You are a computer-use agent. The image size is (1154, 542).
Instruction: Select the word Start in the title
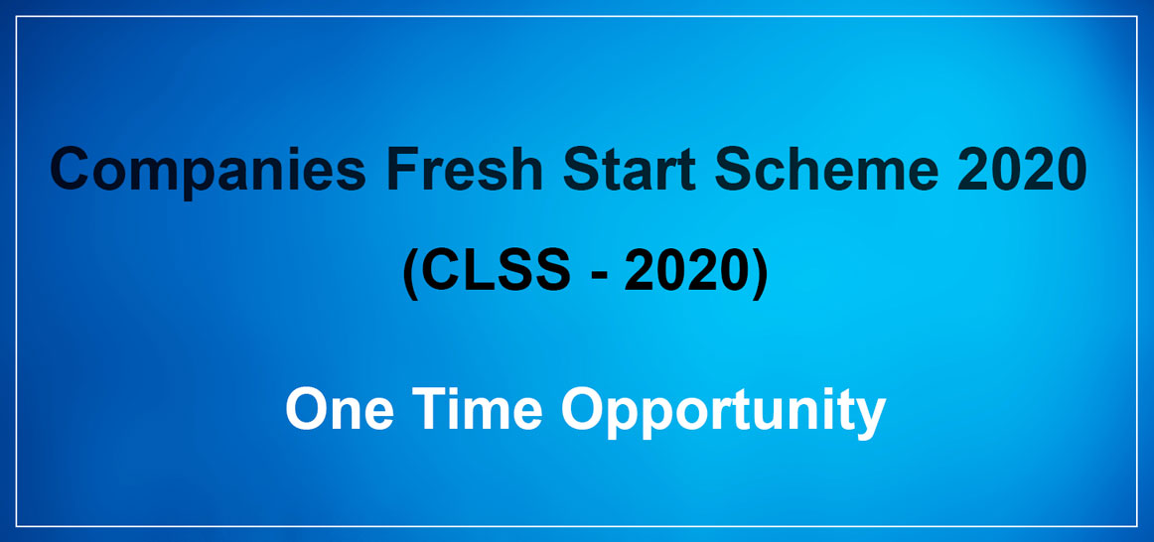point(630,169)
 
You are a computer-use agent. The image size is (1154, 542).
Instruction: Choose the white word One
point(340,410)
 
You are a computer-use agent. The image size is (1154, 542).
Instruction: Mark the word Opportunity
point(723,413)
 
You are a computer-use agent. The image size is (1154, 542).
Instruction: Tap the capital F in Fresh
point(403,169)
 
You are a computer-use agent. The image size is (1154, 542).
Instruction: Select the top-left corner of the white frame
point(17,16)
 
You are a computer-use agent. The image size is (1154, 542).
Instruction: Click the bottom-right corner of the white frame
point(1137,526)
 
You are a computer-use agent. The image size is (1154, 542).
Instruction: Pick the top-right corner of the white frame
point(1137,16)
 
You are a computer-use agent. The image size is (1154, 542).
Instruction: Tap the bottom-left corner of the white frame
point(17,526)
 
